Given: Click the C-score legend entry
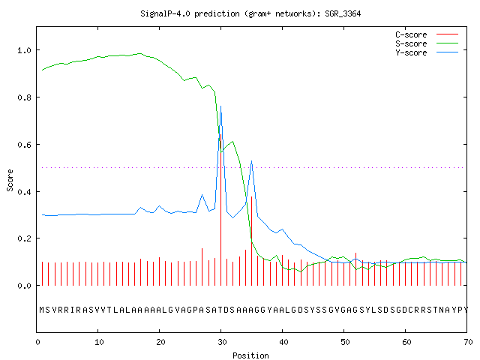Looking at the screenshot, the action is [411, 34].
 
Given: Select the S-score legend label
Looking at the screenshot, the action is [411, 43].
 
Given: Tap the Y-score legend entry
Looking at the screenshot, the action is [411, 52].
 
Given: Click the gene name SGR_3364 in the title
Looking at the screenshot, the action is [343, 13].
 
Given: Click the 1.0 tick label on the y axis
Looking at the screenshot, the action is [24, 50].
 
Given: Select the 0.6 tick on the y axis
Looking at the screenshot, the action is [24, 145].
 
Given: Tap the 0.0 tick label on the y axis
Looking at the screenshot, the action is [24, 286].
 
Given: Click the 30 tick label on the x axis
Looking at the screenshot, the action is [222, 342].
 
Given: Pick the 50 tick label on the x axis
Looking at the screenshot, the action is [345, 342].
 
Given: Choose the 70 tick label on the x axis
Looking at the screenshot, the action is [468, 342].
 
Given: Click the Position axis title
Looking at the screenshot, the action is [250, 355].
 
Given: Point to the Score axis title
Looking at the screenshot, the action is [10, 180].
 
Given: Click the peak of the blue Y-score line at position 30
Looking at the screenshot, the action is [220, 106].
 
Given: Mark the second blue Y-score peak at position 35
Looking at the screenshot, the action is [251, 161].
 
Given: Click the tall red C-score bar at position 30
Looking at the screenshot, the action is [220, 210].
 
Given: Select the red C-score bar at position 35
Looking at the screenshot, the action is [251, 241].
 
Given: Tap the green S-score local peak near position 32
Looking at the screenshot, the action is [233, 142].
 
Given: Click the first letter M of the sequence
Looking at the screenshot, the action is [42, 310].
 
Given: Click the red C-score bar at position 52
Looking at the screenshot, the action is [355, 269].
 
